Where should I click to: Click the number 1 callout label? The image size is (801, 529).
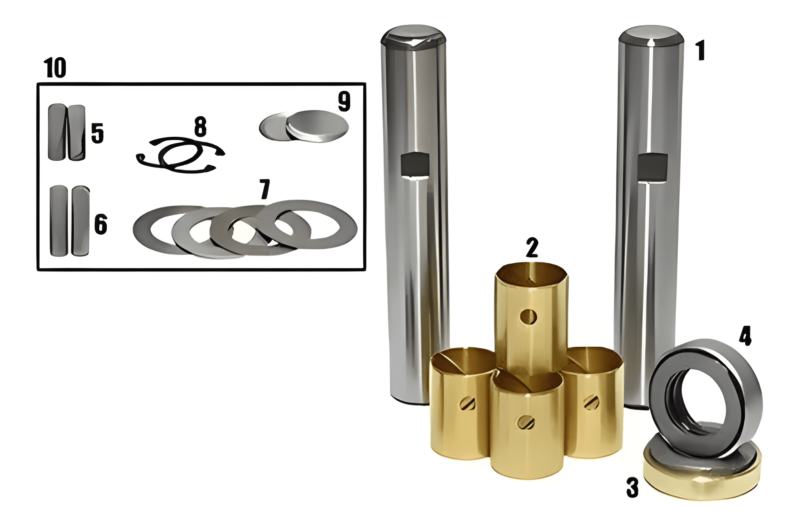pos(700,50)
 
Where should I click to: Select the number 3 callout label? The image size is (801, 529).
pos(632,488)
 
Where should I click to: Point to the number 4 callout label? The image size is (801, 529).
pos(745,336)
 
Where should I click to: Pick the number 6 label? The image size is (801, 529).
pos(101,224)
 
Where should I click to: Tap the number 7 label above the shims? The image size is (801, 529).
pos(265,189)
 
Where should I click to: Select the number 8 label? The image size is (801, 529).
pos(200,127)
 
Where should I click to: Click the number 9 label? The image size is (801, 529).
pos(344,101)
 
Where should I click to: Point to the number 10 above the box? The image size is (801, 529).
pos(55,68)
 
